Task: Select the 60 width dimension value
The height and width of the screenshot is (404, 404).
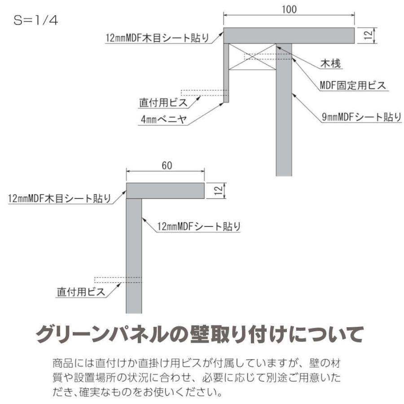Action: tap(166, 166)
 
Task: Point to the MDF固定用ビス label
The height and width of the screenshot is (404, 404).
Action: tap(352, 85)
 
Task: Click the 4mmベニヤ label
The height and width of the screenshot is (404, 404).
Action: tap(163, 120)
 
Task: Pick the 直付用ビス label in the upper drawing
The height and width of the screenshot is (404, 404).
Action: tap(162, 103)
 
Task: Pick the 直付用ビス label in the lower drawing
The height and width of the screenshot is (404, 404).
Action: tap(81, 292)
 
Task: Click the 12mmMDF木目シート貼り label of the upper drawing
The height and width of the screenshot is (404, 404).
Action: tap(157, 38)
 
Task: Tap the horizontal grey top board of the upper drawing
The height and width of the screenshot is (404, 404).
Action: tap(290, 35)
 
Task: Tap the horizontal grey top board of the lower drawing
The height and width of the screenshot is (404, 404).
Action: tap(165, 190)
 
